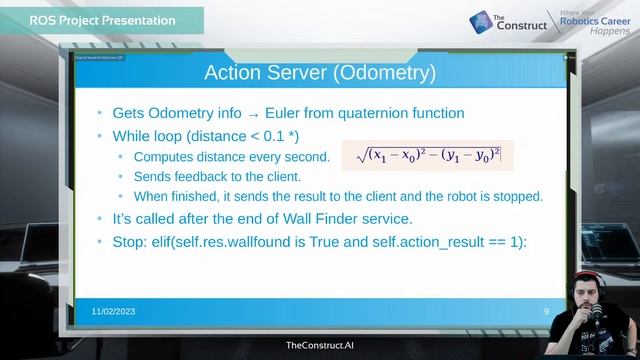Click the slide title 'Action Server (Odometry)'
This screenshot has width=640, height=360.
tap(320, 73)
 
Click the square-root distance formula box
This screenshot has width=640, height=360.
tap(421, 154)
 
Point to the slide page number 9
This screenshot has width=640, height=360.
tap(546, 312)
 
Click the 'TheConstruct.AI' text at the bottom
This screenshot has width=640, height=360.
tap(319, 345)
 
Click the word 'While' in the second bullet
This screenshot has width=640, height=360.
tap(133, 136)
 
